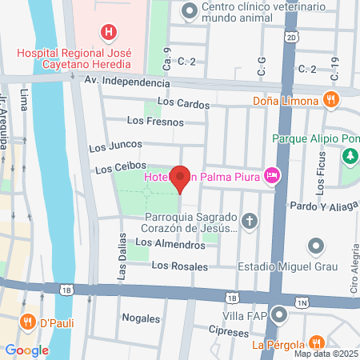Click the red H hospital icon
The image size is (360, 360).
[x=107, y=32]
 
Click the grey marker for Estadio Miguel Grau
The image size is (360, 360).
[x=317, y=246]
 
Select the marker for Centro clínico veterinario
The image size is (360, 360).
[x=190, y=11]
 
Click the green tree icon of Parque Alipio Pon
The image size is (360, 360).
[x=349, y=156]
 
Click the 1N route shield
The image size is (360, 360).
[x=301, y=302]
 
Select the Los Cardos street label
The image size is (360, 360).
[x=183, y=102]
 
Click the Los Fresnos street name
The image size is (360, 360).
[x=155, y=122]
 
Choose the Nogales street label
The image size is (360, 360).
[x=142, y=318]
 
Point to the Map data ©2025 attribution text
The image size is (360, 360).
[x=325, y=354]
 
